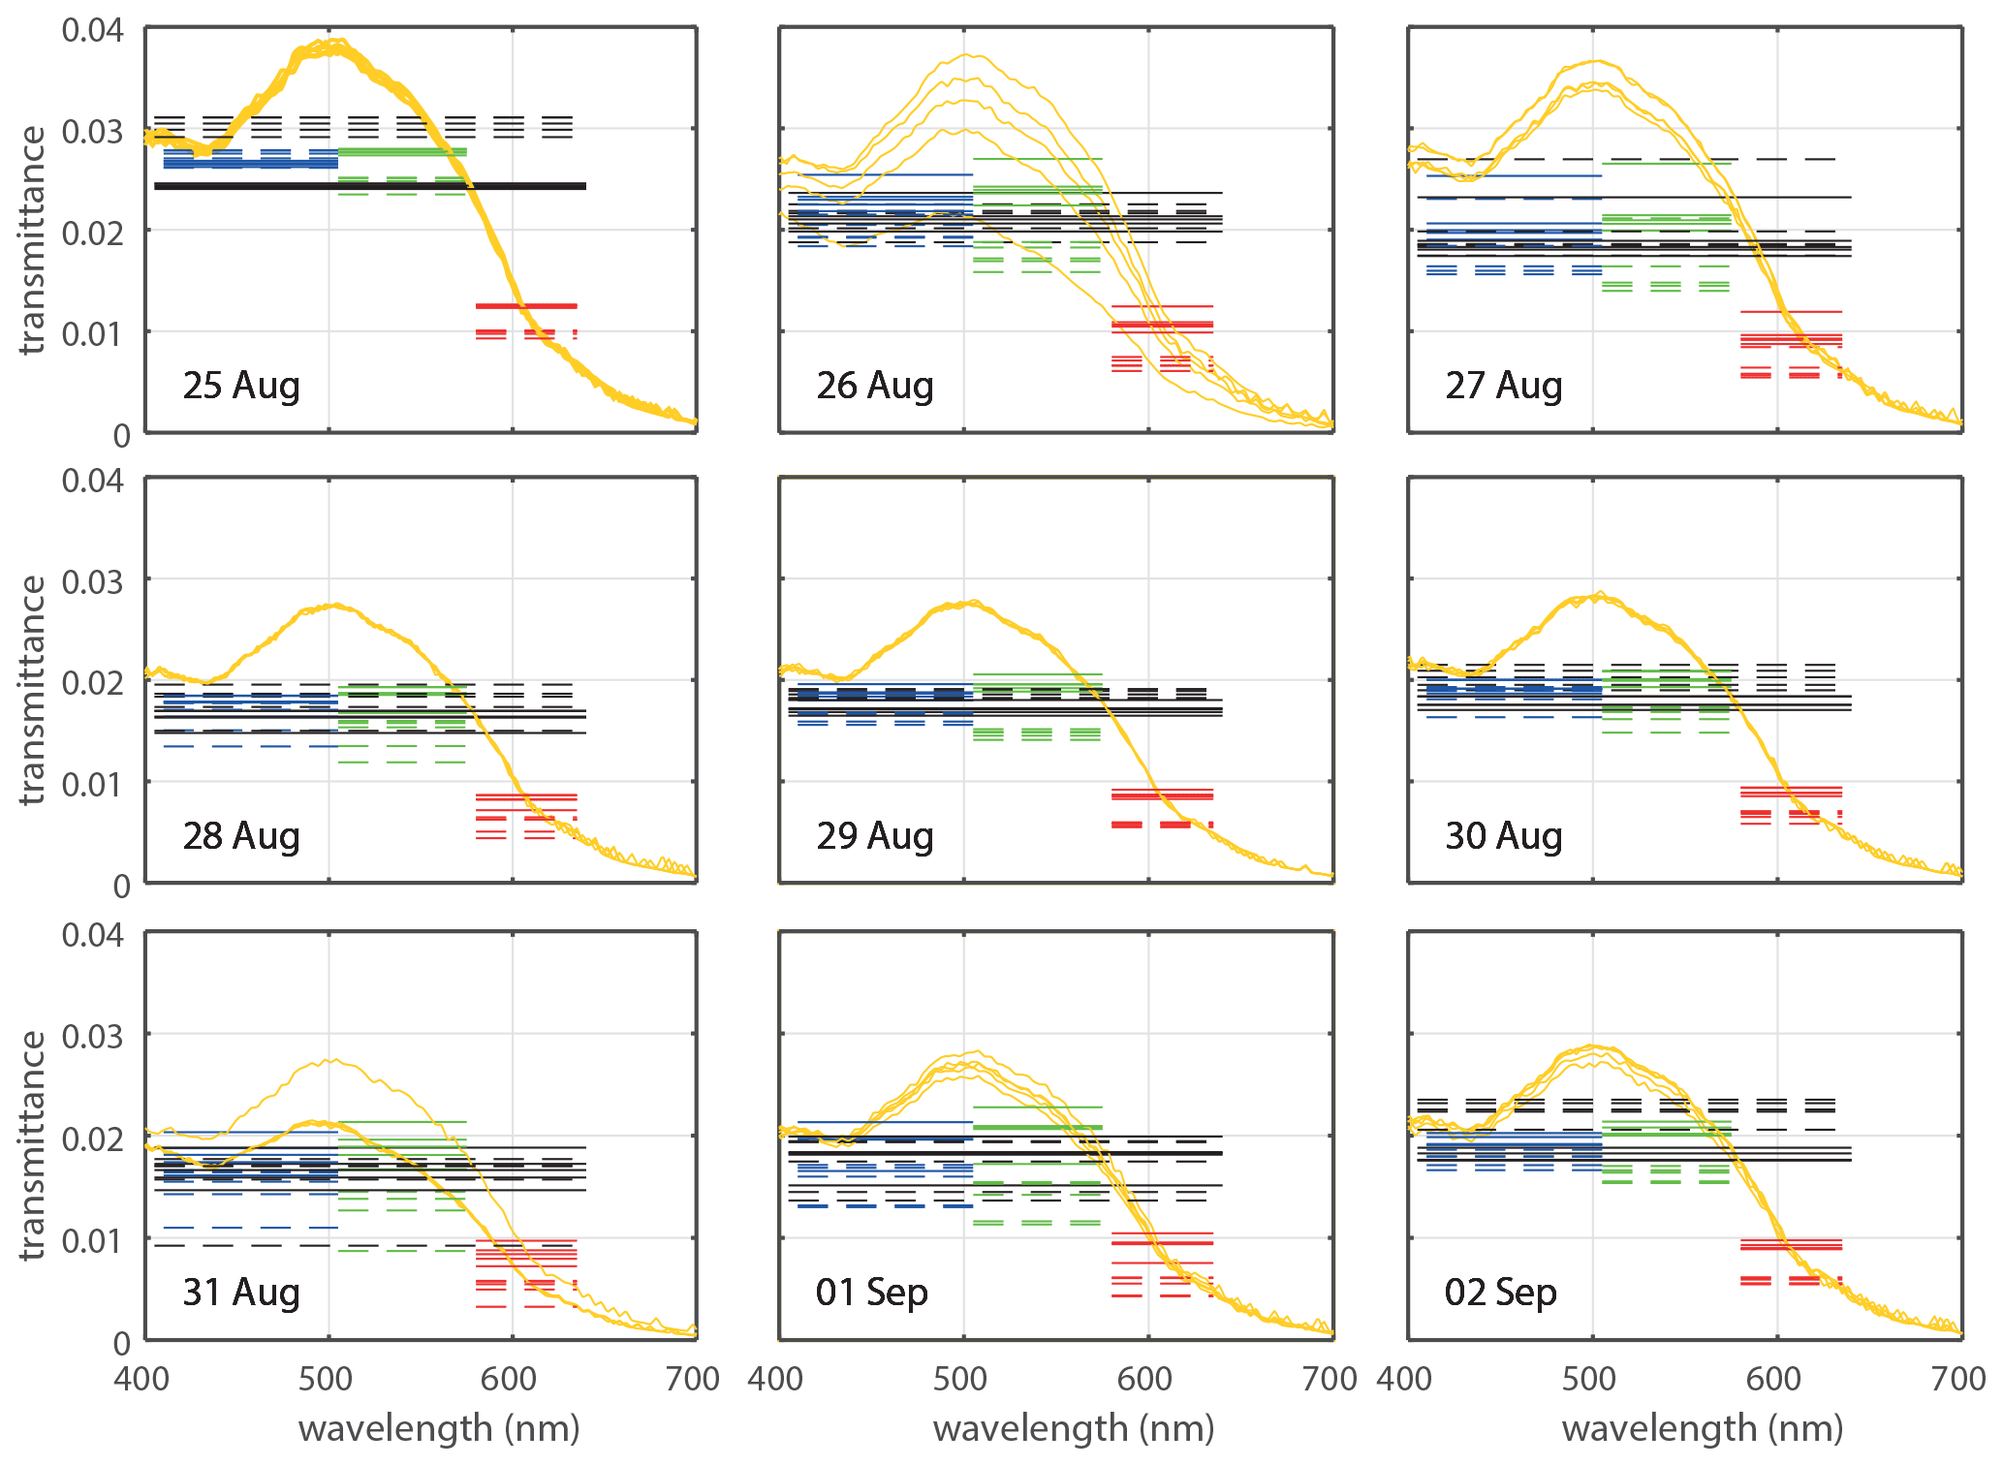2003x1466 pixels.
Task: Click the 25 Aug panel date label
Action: [x=241, y=386]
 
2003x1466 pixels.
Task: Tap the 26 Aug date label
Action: [x=875, y=386]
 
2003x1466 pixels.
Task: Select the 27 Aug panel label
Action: [x=1504, y=386]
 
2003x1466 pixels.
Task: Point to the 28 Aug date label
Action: [x=241, y=836]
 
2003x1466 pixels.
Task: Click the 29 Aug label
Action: [x=875, y=836]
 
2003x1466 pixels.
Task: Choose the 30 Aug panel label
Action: [x=1504, y=836]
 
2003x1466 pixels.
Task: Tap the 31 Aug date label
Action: [x=241, y=1293]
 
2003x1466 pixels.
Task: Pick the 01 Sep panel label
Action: [x=872, y=1293]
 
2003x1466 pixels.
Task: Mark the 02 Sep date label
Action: [x=1501, y=1293]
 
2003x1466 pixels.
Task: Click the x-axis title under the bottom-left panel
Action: [x=439, y=1429]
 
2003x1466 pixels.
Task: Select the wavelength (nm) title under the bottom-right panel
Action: [x=1703, y=1429]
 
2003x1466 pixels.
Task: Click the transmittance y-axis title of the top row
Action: [x=32, y=240]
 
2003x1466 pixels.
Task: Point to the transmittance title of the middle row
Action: [x=32, y=690]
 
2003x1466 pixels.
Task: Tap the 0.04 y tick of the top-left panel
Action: [x=93, y=30]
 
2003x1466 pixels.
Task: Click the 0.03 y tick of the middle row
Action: [x=93, y=582]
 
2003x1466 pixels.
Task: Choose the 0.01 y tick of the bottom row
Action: [x=93, y=1241]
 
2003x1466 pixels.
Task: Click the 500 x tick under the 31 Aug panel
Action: [x=326, y=1379]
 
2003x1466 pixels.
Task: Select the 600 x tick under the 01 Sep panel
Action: [x=1145, y=1379]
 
